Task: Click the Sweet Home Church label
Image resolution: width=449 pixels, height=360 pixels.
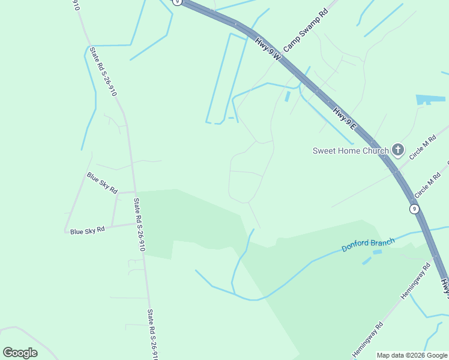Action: [x=351, y=151]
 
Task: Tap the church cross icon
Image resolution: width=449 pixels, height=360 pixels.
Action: [x=397, y=149]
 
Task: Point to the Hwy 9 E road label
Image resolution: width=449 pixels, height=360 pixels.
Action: [x=345, y=118]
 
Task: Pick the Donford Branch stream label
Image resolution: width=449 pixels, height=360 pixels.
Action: [x=368, y=245]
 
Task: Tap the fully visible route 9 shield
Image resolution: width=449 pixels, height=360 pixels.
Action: [x=414, y=209]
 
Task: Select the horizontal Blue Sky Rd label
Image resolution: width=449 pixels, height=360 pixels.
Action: [x=88, y=230]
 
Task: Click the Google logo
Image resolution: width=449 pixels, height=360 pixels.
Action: [x=20, y=353]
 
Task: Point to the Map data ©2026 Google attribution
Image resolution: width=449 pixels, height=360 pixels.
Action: [x=412, y=355]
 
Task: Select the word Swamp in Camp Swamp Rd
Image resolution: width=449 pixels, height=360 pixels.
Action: [x=304, y=30]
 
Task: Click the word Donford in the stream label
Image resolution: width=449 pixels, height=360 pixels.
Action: [x=355, y=247]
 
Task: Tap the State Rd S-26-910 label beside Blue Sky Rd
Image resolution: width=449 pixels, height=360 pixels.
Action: [x=139, y=224]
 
